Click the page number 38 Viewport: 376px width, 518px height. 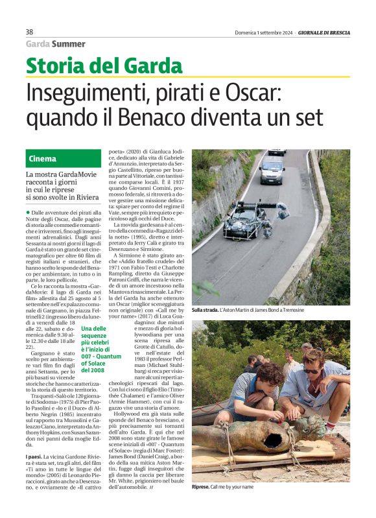(x=29, y=32)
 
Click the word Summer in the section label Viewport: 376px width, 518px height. (x=68, y=44)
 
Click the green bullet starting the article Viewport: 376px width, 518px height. (x=28, y=213)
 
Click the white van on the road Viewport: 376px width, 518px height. (x=272, y=169)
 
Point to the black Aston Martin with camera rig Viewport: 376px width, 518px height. (x=246, y=220)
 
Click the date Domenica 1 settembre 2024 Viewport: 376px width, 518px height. (x=263, y=32)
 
